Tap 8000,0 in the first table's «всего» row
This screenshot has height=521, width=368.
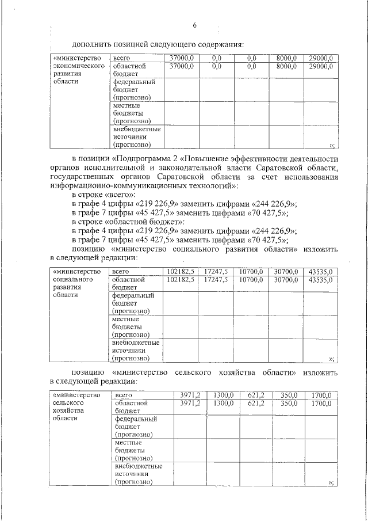click(x=286, y=59)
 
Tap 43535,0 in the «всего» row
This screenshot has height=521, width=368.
click(x=320, y=271)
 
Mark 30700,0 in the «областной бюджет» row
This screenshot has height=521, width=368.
click(x=286, y=279)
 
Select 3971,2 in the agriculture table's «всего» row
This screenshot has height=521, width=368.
click(x=190, y=395)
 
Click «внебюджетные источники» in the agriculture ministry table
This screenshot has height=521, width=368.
click(x=138, y=474)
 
